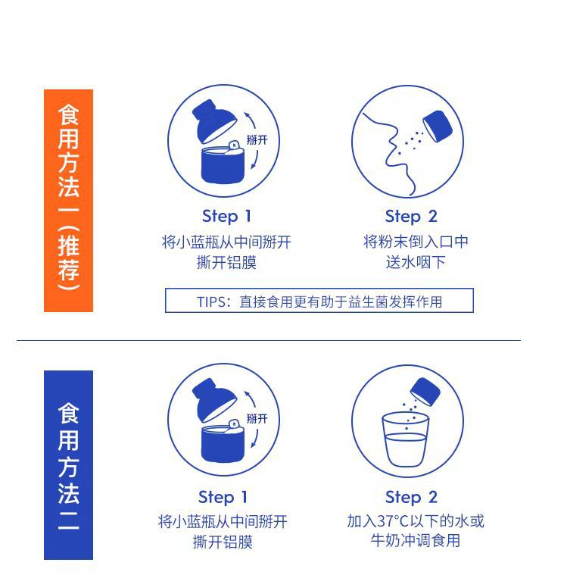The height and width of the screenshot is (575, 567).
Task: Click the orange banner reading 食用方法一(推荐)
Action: (68, 201)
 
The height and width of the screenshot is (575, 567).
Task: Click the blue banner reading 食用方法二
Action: (68, 464)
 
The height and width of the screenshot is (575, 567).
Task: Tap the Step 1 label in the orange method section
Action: (226, 217)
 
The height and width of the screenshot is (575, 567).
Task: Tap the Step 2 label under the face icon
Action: (411, 217)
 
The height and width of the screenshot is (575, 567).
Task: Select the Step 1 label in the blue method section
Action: (223, 497)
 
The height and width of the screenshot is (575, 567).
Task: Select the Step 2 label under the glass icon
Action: (411, 497)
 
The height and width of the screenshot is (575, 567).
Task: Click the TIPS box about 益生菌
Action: (319, 301)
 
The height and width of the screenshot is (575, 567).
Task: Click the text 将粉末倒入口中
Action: (416, 242)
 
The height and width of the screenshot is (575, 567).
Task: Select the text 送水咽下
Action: (416, 262)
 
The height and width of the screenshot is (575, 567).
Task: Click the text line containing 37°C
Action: (416, 521)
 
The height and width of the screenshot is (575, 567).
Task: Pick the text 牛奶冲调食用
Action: (416, 541)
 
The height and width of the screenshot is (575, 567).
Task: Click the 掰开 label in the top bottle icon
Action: (257, 140)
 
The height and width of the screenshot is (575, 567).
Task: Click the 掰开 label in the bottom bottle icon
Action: (257, 418)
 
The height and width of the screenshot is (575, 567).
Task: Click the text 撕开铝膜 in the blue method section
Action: (223, 542)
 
